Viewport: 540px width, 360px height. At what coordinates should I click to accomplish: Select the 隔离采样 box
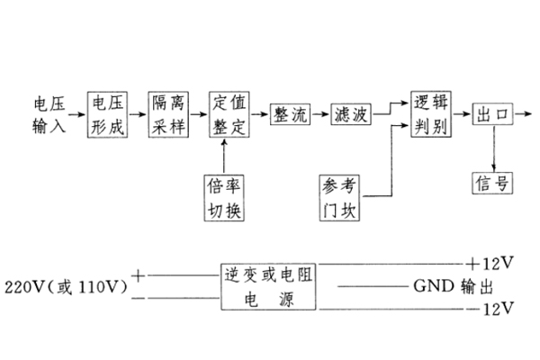point(169,114)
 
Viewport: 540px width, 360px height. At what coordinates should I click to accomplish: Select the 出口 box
point(491,115)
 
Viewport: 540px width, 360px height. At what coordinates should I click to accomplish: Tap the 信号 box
point(492,183)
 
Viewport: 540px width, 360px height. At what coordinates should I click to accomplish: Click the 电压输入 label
point(49,114)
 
